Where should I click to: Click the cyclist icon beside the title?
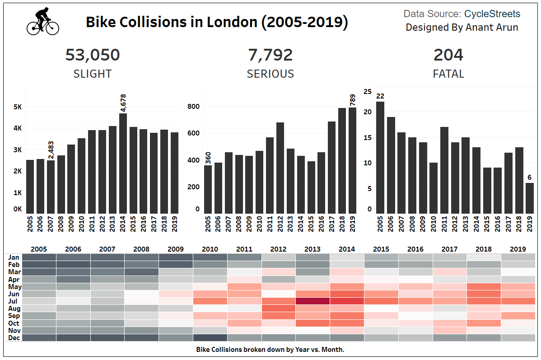[x=43, y=21]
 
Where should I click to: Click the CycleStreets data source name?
[x=492, y=14]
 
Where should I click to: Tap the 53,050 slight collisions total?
[x=93, y=55]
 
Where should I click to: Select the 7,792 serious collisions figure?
[x=270, y=55]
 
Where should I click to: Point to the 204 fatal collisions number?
[x=448, y=55]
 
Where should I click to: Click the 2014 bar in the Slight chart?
[x=123, y=163]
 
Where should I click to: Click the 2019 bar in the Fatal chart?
[x=530, y=198]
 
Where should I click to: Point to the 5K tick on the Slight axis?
[x=18, y=108]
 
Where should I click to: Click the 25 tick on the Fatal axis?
[x=368, y=92]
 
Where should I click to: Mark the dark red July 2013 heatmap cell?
[x=312, y=301]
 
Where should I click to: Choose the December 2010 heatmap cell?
[x=210, y=337]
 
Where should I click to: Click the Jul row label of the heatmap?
[x=14, y=301]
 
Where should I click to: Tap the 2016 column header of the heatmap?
[x=415, y=249]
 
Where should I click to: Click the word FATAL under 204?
[x=448, y=74]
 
